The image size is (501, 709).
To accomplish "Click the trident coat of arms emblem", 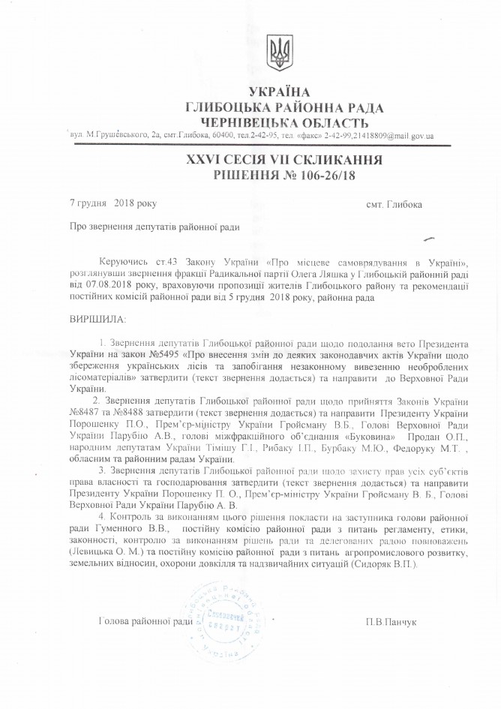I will coord(280,55).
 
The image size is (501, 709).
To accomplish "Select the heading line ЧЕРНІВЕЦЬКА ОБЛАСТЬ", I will coord(279,122).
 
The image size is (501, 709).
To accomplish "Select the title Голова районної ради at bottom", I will coord(145,622).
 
